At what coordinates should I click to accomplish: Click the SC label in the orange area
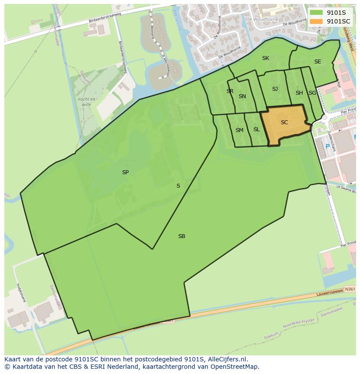284,122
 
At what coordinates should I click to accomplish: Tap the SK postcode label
265,58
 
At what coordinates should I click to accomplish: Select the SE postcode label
317,62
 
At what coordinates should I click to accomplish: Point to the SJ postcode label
275,89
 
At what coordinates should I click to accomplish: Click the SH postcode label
299,93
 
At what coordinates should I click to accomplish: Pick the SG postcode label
312,93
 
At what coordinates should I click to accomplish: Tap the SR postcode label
230,91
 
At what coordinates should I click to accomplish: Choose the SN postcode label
242,96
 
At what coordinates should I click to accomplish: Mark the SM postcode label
240,130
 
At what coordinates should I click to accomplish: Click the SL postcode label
257,129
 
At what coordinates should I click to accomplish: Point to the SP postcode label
125,172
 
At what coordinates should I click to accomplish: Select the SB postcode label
182,236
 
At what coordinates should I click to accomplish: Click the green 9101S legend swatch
316,13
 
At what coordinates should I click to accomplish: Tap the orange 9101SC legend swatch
316,21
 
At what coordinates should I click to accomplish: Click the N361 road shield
350,288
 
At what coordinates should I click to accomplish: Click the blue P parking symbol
328,146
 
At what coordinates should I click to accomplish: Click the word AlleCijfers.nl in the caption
227,359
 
